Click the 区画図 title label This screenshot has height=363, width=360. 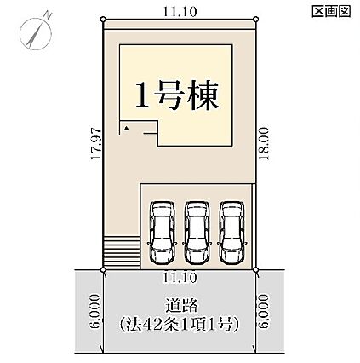[x=331, y=12]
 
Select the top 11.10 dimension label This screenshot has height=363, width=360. [x=180, y=12]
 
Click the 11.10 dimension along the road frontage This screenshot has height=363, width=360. [x=180, y=277]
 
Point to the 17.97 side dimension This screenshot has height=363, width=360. [x=96, y=144]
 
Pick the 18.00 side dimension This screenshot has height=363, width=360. [x=264, y=144]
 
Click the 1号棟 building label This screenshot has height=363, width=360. [x=177, y=95]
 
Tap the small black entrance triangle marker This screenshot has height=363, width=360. [x=126, y=129]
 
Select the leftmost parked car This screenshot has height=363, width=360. [x=162, y=233]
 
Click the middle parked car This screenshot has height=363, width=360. [x=197, y=233]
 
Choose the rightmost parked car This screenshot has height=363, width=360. [x=232, y=233]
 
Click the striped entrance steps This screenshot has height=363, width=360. [x=122, y=252]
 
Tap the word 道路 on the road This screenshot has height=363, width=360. [x=181, y=306]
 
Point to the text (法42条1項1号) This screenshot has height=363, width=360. [x=180, y=324]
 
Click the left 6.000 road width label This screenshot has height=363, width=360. [x=95, y=311]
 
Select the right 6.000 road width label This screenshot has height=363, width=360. [x=264, y=311]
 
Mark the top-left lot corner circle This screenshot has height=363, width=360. [x=103, y=19]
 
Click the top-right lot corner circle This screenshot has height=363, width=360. [x=255, y=19]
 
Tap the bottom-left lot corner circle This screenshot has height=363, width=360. [x=103, y=269]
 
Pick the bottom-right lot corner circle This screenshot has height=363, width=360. [x=255, y=269]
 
